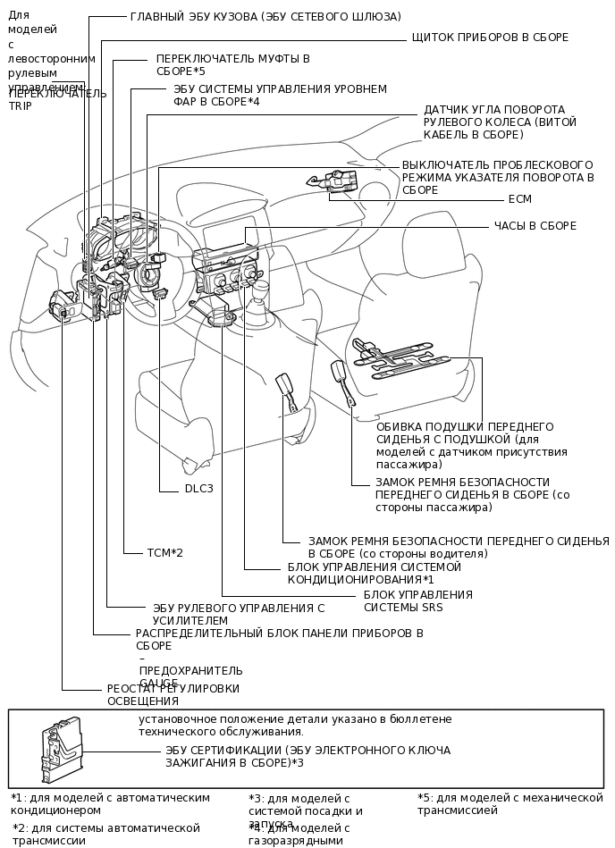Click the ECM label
tap(519, 199)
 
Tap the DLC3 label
tap(198, 489)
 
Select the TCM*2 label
tap(164, 553)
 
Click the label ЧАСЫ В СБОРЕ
tap(535, 226)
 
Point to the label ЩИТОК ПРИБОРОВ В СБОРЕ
tap(489, 38)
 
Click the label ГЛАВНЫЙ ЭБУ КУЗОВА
tap(265, 17)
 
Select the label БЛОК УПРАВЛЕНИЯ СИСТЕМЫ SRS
tap(417, 600)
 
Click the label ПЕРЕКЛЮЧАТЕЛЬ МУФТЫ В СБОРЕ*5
tap(232, 64)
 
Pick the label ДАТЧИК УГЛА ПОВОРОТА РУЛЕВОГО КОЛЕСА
tap(500, 122)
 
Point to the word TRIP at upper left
tap(20, 105)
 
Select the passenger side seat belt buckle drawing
tap(340, 370)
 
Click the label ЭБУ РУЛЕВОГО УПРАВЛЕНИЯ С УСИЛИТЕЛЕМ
tap(238, 614)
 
